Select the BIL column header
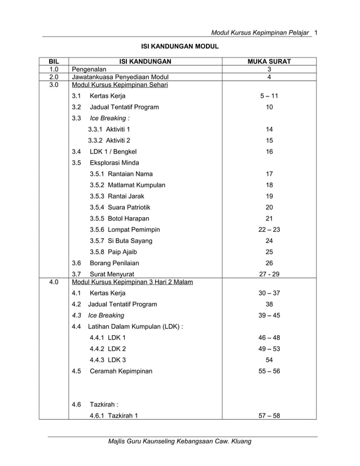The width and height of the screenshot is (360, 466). point(54,61)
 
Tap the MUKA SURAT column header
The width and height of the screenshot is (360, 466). point(269,61)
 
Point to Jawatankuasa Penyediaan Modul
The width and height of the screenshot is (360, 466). point(120,77)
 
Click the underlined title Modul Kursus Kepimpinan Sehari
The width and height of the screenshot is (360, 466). point(120,85)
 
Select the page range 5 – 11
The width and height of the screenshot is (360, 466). point(269,96)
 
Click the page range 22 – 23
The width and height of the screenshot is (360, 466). point(269,230)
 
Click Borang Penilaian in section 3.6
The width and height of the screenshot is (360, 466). point(114,263)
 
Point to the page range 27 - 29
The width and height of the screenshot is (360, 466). point(269,274)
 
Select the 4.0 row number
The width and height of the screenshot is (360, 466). point(54,282)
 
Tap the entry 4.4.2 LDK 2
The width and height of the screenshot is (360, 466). point(108,349)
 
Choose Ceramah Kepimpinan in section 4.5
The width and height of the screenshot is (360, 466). point(121,371)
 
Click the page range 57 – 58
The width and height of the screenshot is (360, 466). point(269,416)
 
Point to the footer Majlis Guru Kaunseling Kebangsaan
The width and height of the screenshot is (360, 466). point(180,441)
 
